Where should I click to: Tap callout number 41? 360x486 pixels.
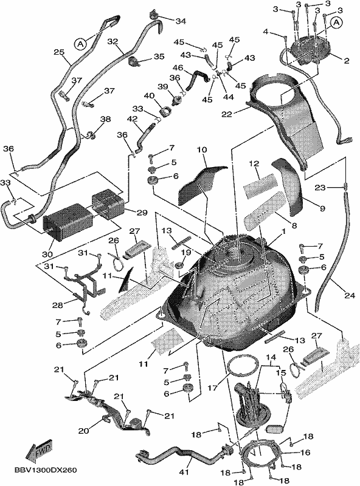click(184, 472)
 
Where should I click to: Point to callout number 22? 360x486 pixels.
click(227, 114)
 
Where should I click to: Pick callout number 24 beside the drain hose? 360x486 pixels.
click(350, 296)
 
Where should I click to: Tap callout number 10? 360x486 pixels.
click(202, 150)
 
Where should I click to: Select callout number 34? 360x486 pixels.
click(181, 21)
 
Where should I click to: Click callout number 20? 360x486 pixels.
click(83, 431)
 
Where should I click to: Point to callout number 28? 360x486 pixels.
click(58, 306)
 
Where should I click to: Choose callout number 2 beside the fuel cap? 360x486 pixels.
click(347, 60)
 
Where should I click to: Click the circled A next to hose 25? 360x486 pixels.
click(80, 44)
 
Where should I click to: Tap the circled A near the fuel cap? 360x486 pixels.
click(337, 22)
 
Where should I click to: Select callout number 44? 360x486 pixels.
click(229, 97)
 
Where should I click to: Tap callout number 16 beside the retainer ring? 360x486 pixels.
click(305, 453)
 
